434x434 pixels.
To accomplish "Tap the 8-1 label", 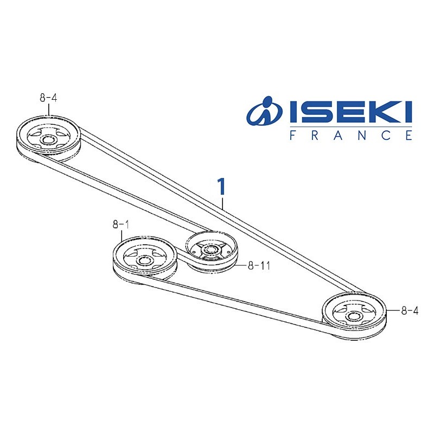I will coord(121,223).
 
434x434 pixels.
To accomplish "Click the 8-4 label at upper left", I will coord(48,98).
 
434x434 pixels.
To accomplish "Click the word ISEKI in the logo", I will coord(348,113).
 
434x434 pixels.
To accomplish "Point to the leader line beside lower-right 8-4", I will coord(393,311).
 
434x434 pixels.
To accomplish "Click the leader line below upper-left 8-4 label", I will coord(49,110).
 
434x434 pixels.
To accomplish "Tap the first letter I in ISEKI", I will coord(292,113).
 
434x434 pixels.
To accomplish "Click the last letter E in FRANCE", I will coord(409,136).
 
